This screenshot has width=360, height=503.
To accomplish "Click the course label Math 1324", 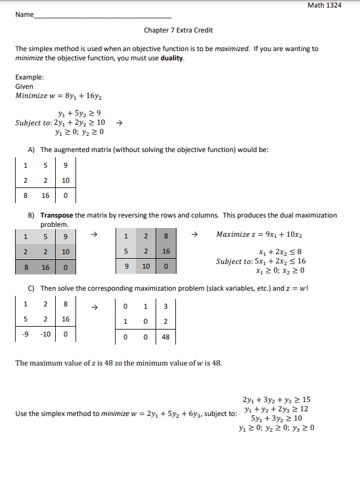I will (x=324, y=5).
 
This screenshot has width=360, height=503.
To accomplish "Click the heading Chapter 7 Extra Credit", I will (x=174, y=30).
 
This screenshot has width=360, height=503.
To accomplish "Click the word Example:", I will (x=30, y=77).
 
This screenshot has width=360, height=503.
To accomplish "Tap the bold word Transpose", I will (x=56, y=215).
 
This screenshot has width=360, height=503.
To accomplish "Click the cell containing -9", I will (x=25, y=334).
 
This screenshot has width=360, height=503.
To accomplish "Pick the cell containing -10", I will (x=45, y=334).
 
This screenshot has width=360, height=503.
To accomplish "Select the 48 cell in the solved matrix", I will (x=165, y=336).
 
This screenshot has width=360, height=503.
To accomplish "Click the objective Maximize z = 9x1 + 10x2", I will (x=259, y=235).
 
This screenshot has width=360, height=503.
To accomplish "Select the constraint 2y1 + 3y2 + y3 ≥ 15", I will (x=276, y=400).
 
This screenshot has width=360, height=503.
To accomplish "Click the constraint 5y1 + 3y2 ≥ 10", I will (x=276, y=418).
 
